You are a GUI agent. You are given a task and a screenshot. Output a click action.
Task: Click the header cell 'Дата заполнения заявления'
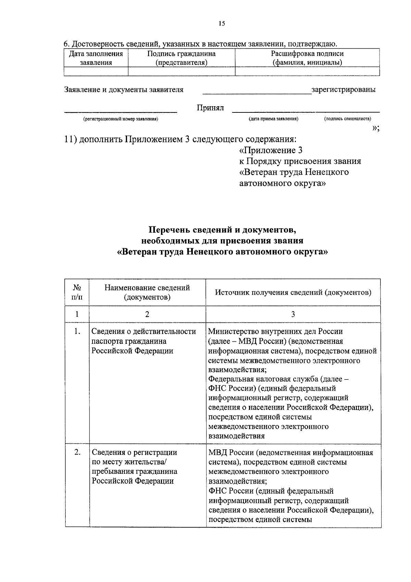pyautogui.click(x=96, y=58)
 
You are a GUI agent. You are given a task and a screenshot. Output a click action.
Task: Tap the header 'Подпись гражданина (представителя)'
pyautogui.click(x=181, y=58)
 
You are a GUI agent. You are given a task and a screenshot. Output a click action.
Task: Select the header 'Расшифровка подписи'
pyautogui.click(x=307, y=54)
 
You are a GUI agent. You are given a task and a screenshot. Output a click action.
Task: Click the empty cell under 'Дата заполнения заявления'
pyautogui.click(x=96, y=71)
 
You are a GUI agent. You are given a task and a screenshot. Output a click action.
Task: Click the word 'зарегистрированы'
pyautogui.click(x=344, y=90)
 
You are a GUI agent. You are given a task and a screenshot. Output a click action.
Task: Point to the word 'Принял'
pyautogui.click(x=210, y=108)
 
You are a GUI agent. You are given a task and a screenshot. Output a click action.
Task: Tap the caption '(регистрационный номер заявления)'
pyautogui.click(x=120, y=119)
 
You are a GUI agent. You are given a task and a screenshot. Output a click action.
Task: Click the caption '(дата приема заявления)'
pyautogui.click(x=273, y=119)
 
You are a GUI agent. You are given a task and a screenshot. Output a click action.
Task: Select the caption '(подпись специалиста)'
pyautogui.click(x=347, y=119)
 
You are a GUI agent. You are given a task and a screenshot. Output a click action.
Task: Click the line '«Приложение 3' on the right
pyautogui.click(x=271, y=150)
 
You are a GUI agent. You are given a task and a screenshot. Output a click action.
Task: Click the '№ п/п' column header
pyautogui.click(x=77, y=292)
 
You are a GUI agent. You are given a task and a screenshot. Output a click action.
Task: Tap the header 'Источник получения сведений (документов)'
pyautogui.click(x=293, y=292)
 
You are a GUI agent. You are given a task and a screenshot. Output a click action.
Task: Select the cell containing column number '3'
pyautogui.click(x=293, y=314)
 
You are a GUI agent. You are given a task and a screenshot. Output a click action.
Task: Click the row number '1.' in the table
pyautogui.click(x=77, y=331)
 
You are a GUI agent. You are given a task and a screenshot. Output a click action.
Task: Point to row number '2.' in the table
pyautogui.click(x=77, y=452)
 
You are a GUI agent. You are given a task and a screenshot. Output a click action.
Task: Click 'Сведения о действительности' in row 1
pyautogui.click(x=144, y=331)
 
